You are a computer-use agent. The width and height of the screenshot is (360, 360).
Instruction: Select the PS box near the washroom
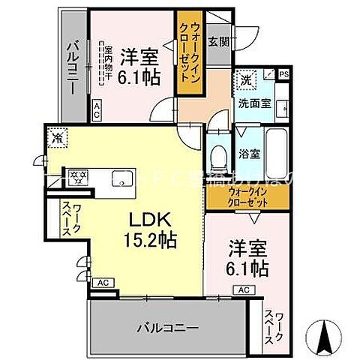coord(283,74)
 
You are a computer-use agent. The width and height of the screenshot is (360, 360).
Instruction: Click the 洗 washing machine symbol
coord(247,78)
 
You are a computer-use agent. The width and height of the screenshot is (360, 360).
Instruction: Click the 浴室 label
coord(249,154)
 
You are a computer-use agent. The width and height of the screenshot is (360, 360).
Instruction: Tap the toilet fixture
coord(217,155)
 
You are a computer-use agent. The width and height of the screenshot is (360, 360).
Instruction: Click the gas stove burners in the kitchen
coord(76,178)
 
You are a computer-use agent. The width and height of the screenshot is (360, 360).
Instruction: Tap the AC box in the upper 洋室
coord(97,111)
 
